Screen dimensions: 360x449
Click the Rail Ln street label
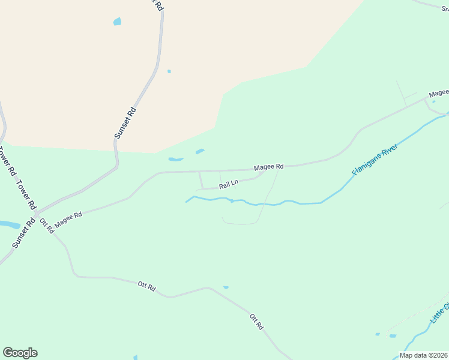[229, 184]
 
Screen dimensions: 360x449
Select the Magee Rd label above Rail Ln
[268, 167]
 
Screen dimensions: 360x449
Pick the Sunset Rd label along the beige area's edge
[126, 123]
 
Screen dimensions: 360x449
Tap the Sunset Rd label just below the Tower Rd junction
[22, 234]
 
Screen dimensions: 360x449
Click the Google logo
[20, 352]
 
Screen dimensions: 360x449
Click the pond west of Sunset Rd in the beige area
[116, 22]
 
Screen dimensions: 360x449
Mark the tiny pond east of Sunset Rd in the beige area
[169, 71]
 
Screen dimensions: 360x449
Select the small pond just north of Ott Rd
[226, 287]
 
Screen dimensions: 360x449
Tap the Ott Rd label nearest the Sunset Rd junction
[47, 226]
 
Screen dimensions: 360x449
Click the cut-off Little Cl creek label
[440, 314]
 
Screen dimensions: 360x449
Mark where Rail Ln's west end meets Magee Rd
[199, 172]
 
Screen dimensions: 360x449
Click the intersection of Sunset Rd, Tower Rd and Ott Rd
[36, 214]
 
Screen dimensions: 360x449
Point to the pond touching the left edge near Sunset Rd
[8, 224]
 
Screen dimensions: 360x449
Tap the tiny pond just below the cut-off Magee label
[434, 101]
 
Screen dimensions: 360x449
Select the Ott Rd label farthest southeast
[256, 322]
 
